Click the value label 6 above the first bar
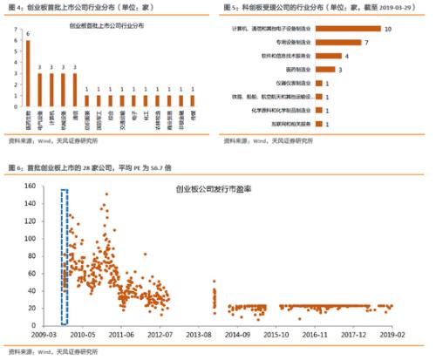click(x=28, y=35)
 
